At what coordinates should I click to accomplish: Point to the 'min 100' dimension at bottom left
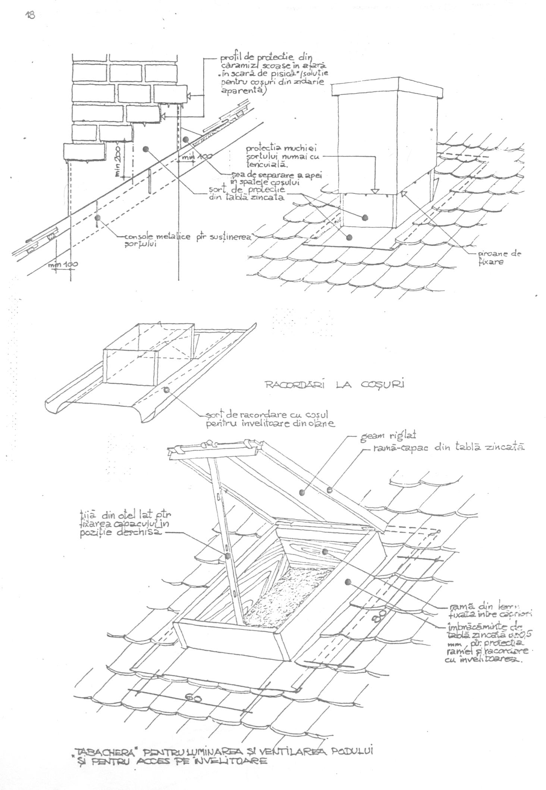(63, 264)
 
